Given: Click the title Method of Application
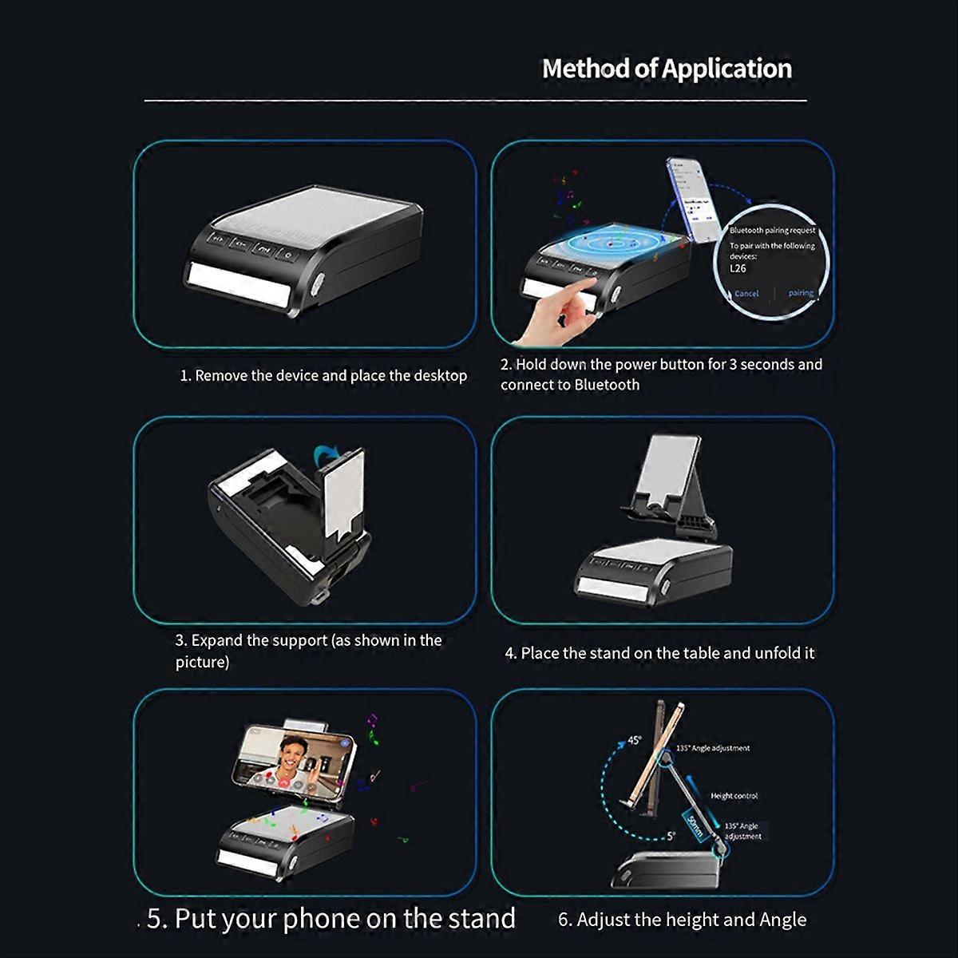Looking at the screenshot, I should [667, 69].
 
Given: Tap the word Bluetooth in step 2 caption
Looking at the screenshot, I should [607, 385].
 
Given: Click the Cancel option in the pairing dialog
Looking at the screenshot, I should [746, 294].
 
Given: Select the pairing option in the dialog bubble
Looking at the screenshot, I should [800, 293].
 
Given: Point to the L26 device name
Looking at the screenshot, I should [738, 269].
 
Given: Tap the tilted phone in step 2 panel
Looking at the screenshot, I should [691, 200].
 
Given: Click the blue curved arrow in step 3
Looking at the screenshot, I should [326, 456].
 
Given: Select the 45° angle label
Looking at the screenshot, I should [633, 740].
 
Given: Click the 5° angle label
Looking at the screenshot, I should [671, 836].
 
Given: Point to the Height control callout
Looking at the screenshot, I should [734, 796].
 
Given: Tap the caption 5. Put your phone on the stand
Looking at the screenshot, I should [331, 918].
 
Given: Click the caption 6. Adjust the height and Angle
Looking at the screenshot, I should [682, 920].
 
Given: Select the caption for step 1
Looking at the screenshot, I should [323, 375].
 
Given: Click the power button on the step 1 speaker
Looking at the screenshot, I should [287, 255].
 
